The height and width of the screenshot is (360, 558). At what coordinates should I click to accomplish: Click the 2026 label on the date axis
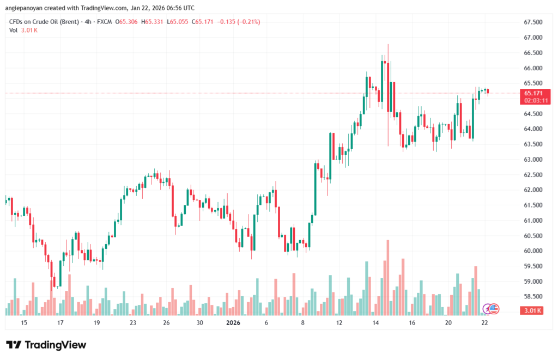tap(233, 323)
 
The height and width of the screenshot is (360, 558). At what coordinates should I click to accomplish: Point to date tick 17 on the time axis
tap(60, 323)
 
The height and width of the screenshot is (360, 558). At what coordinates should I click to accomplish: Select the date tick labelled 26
tap(166, 323)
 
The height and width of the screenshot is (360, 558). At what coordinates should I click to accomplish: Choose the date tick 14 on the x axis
tap(375, 323)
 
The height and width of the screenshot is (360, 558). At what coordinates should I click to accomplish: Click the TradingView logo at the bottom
tap(46, 345)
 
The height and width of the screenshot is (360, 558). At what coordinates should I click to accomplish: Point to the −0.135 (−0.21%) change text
tap(239, 22)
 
